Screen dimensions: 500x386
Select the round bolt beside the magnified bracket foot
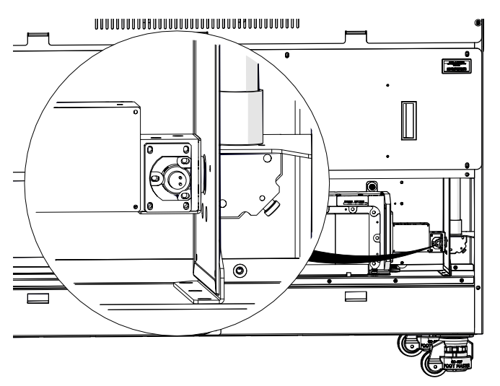click(x=240, y=271)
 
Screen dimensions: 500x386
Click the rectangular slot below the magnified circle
click(x=38, y=297)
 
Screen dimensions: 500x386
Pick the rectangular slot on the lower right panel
click(x=354, y=297)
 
